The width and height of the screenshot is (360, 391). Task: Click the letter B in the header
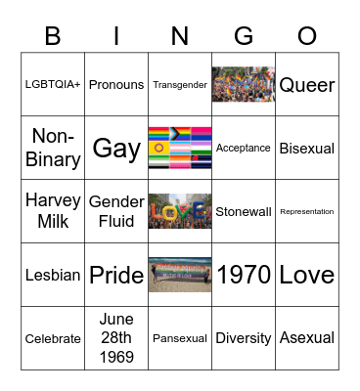(x=53, y=36)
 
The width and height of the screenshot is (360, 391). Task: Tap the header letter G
(x=244, y=36)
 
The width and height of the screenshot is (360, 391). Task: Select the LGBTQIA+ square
(x=53, y=85)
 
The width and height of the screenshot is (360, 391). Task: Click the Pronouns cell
(x=116, y=85)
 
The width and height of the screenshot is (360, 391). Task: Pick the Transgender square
(x=180, y=85)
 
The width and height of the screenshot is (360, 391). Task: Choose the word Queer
(x=307, y=85)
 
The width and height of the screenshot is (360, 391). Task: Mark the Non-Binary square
(x=53, y=148)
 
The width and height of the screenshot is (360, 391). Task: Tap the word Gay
(x=116, y=149)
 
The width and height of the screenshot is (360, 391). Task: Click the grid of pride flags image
(x=180, y=148)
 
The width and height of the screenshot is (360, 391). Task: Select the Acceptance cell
(x=244, y=149)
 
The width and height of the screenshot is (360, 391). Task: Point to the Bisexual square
(x=307, y=149)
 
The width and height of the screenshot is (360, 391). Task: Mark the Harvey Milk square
(x=53, y=211)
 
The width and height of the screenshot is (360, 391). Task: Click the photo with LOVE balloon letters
(x=180, y=211)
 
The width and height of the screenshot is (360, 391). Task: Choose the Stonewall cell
(x=244, y=211)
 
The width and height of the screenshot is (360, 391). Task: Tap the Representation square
(x=307, y=211)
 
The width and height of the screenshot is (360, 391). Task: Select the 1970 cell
(x=244, y=275)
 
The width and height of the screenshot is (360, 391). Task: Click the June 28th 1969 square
(x=116, y=338)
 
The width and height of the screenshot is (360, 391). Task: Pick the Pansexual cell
(x=180, y=338)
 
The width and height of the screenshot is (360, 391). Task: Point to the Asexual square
(x=307, y=338)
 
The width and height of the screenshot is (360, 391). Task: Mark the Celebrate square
(x=53, y=338)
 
